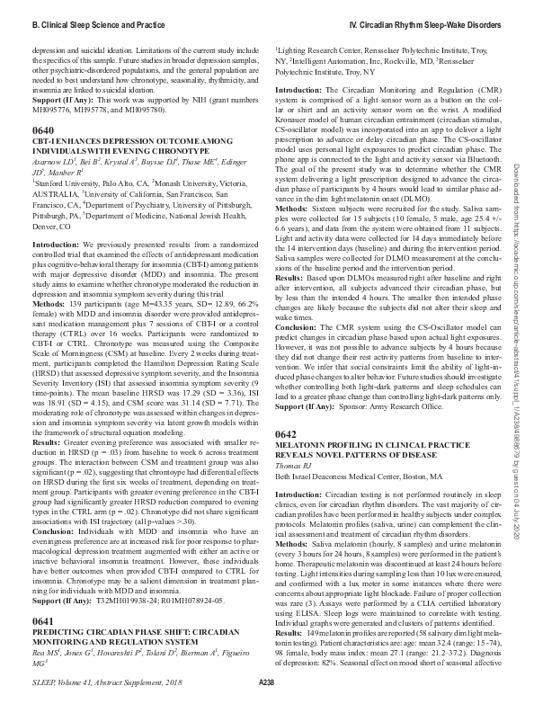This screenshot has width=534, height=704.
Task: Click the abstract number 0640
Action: point(41,130)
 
